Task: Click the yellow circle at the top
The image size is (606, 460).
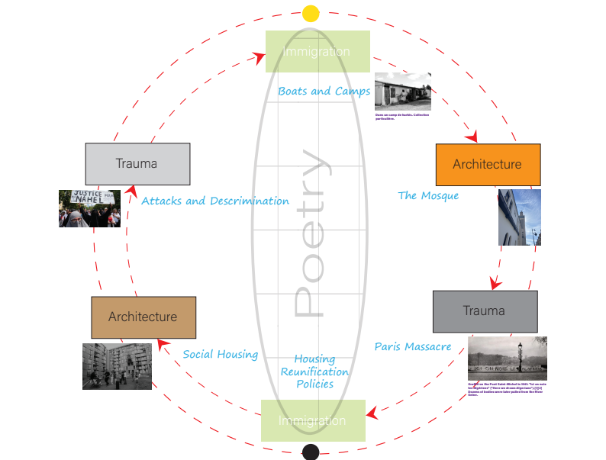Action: tap(311, 14)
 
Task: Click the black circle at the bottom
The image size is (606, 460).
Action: tap(311, 452)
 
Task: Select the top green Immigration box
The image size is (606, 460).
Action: tap(318, 51)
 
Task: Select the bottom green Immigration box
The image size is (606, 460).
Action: tap(313, 420)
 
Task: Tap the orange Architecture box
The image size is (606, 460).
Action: tap(487, 164)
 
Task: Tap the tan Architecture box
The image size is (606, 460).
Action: tap(143, 317)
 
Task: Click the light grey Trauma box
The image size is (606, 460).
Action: tap(137, 163)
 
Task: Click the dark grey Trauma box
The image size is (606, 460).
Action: tap(485, 310)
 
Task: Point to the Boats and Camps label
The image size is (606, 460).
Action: tap(324, 92)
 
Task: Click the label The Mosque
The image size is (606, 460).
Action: tap(428, 196)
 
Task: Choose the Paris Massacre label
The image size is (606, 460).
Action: tap(413, 346)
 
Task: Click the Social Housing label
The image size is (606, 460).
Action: tap(221, 355)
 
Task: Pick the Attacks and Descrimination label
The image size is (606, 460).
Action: tap(215, 201)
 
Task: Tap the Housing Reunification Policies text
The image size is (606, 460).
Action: tap(314, 372)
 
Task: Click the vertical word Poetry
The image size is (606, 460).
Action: tap(312, 233)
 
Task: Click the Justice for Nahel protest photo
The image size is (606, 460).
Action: tap(89, 208)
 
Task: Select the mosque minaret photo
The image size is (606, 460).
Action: tap(519, 217)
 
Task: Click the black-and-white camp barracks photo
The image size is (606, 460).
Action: tap(402, 92)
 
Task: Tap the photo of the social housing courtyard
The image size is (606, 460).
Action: tap(117, 366)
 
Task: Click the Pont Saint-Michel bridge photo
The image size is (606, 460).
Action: tap(507, 359)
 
